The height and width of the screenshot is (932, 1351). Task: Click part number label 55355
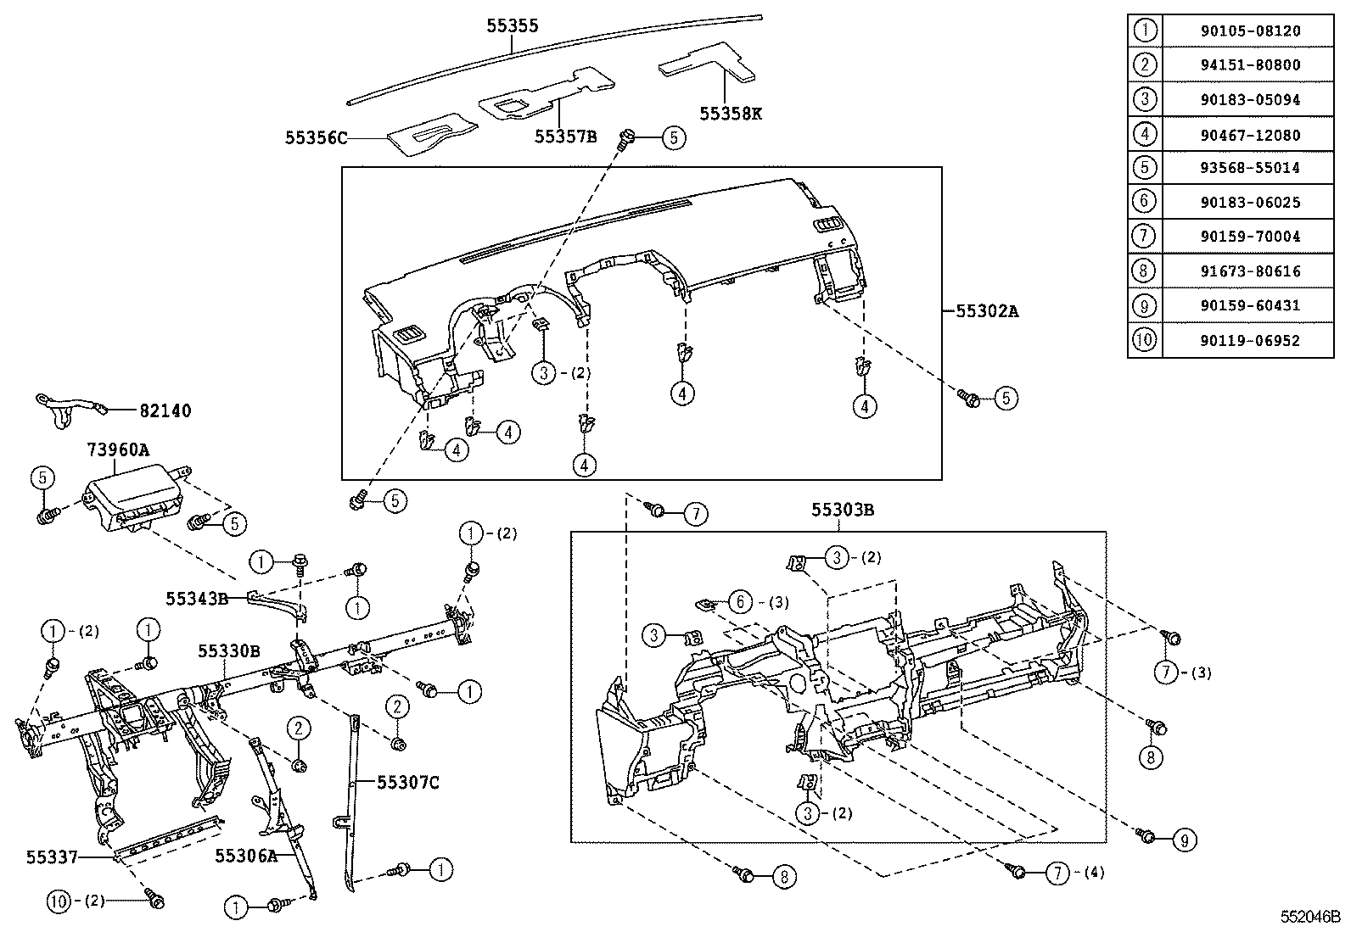pyautogui.click(x=512, y=26)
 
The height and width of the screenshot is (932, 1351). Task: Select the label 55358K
pyautogui.click(x=730, y=112)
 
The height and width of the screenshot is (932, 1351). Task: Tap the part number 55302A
pyautogui.click(x=987, y=311)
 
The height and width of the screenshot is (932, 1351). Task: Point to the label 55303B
pyautogui.click(x=842, y=510)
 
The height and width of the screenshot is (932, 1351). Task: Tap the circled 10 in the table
pyautogui.click(x=1144, y=340)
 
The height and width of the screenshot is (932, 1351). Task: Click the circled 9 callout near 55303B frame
pyautogui.click(x=1184, y=840)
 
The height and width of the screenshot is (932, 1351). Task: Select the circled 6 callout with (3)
pyautogui.click(x=740, y=602)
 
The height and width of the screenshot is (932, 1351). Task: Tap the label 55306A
pyautogui.click(x=246, y=856)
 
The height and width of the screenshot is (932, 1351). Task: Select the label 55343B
pyautogui.click(x=197, y=599)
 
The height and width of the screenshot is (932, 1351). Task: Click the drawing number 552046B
pyautogui.click(x=1310, y=917)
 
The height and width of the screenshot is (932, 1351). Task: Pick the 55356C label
pyautogui.click(x=317, y=138)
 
